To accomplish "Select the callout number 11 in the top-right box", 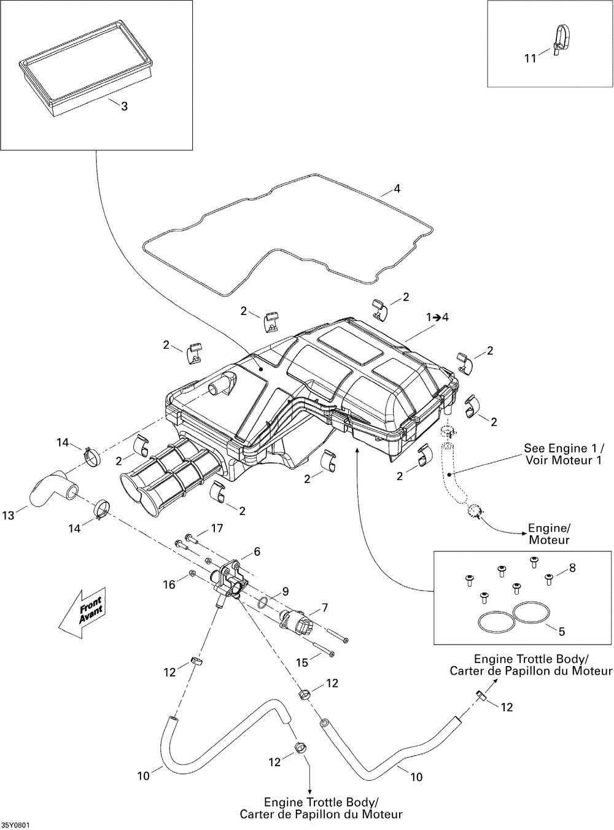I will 530,58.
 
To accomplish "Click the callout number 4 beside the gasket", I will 397,188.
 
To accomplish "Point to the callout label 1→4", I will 438,317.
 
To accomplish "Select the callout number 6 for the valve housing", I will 257,551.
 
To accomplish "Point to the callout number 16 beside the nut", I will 169,584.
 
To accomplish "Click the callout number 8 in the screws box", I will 572,568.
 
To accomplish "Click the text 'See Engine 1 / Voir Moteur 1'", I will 563,454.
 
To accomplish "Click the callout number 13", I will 8,516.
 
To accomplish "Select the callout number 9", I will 286,592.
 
